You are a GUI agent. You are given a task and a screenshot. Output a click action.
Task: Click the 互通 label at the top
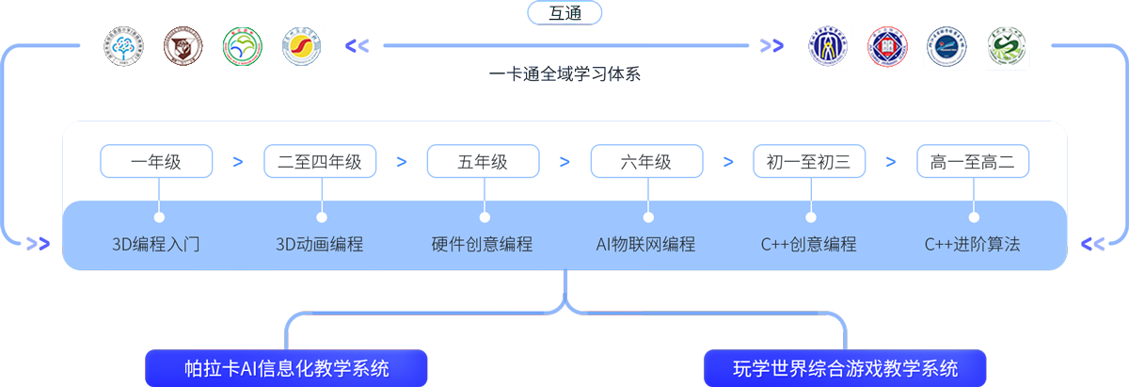point(565,14)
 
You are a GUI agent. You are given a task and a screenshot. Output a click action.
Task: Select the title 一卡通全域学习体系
point(564,73)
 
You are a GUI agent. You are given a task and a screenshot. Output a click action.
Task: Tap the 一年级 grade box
point(156,162)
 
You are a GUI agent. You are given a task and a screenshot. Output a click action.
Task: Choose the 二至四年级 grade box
point(320,162)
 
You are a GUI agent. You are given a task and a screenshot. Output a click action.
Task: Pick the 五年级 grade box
point(483,162)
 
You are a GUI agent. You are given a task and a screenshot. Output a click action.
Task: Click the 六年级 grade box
point(646,162)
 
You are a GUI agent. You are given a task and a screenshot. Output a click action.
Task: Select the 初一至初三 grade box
point(809,162)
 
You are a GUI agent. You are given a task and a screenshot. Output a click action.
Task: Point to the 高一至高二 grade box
point(973,162)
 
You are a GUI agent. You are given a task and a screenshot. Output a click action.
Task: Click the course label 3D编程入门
point(156,245)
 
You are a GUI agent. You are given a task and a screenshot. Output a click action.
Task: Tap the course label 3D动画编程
point(320,245)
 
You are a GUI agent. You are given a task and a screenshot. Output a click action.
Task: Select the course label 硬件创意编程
point(483,245)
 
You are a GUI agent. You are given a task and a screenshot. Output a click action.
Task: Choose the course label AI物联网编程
point(646,245)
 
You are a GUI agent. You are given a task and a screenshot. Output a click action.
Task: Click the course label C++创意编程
point(809,245)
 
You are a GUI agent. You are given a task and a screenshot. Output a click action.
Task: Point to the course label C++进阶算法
point(973,245)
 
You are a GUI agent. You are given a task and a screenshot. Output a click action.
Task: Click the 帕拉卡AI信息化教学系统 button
point(287,367)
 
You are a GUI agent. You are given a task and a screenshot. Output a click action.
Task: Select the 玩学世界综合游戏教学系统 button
point(845,367)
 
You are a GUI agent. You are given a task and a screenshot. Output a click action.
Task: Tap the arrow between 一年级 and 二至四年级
point(238,162)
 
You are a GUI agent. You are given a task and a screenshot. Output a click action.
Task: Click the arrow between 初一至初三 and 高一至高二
point(891,162)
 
